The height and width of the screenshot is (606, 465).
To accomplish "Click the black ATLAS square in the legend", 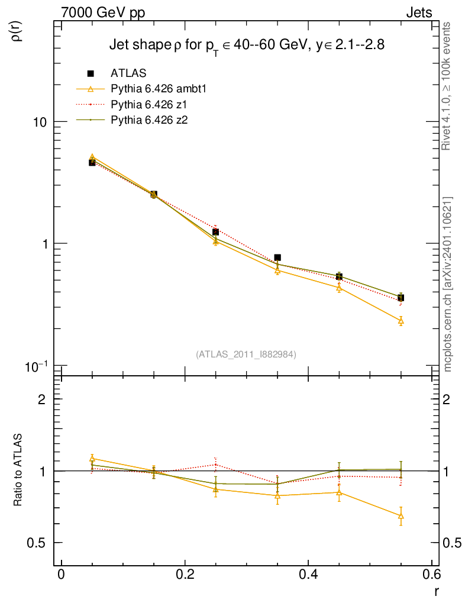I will (x=91, y=73).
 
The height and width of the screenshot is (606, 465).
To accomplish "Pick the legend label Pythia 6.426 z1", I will (x=150, y=105).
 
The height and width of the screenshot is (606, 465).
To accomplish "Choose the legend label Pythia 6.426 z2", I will (x=150, y=120).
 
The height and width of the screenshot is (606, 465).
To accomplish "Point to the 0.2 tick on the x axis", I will (x=185, y=575).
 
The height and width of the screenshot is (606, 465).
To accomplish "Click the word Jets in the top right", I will (x=418, y=12).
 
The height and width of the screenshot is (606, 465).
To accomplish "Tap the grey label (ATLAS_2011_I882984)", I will (x=246, y=354).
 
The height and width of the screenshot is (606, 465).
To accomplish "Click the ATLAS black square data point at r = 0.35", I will (x=277, y=257).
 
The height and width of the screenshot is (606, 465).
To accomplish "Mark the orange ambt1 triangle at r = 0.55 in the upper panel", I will (x=401, y=321).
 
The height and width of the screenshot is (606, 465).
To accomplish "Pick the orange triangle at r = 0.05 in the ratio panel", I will (x=92, y=458).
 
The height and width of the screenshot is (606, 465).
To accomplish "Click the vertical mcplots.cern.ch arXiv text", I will (x=448, y=284).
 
